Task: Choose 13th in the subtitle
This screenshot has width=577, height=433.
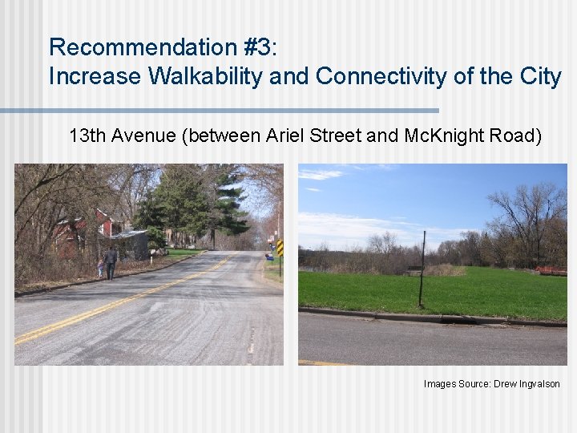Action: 87,136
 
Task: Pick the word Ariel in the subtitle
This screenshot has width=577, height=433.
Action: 312,136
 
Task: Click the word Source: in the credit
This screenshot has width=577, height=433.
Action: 474,384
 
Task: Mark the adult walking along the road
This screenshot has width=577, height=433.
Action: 110,262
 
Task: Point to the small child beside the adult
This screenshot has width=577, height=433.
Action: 100,268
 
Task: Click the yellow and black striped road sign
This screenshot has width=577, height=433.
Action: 280,247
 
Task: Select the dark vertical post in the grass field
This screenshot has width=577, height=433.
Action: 422,269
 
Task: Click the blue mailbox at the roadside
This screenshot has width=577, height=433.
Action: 269,257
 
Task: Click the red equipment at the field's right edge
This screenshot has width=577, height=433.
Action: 551,271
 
